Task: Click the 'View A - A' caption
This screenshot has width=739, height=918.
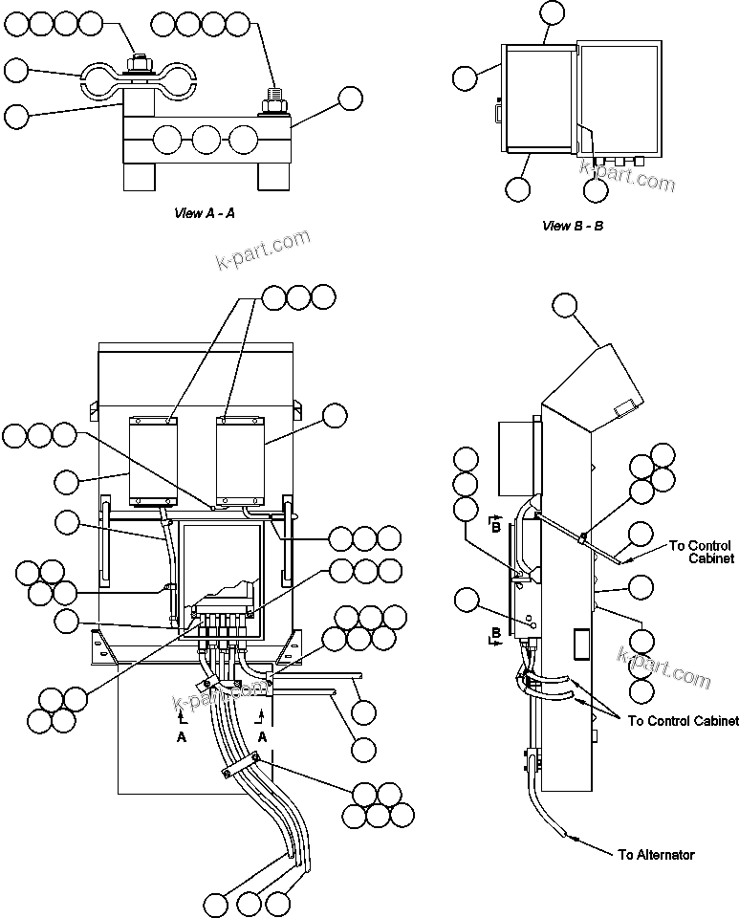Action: tap(204, 213)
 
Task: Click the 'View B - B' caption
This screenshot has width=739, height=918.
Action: tap(573, 226)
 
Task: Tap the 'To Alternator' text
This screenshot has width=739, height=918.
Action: tap(656, 854)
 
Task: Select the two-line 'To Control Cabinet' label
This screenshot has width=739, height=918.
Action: tap(702, 552)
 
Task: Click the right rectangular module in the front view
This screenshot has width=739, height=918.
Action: tap(239, 459)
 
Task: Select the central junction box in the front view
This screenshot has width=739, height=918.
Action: tap(221, 569)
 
